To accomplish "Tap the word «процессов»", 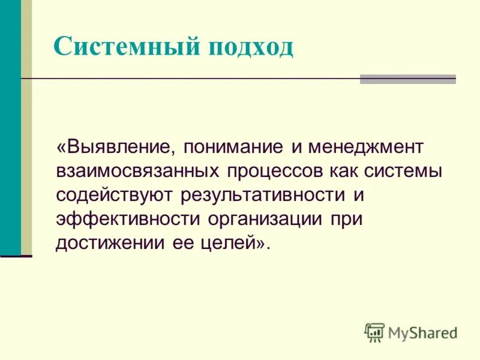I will pyautogui.click(x=275, y=172).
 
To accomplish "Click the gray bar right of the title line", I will pyautogui.click(x=407, y=79).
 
